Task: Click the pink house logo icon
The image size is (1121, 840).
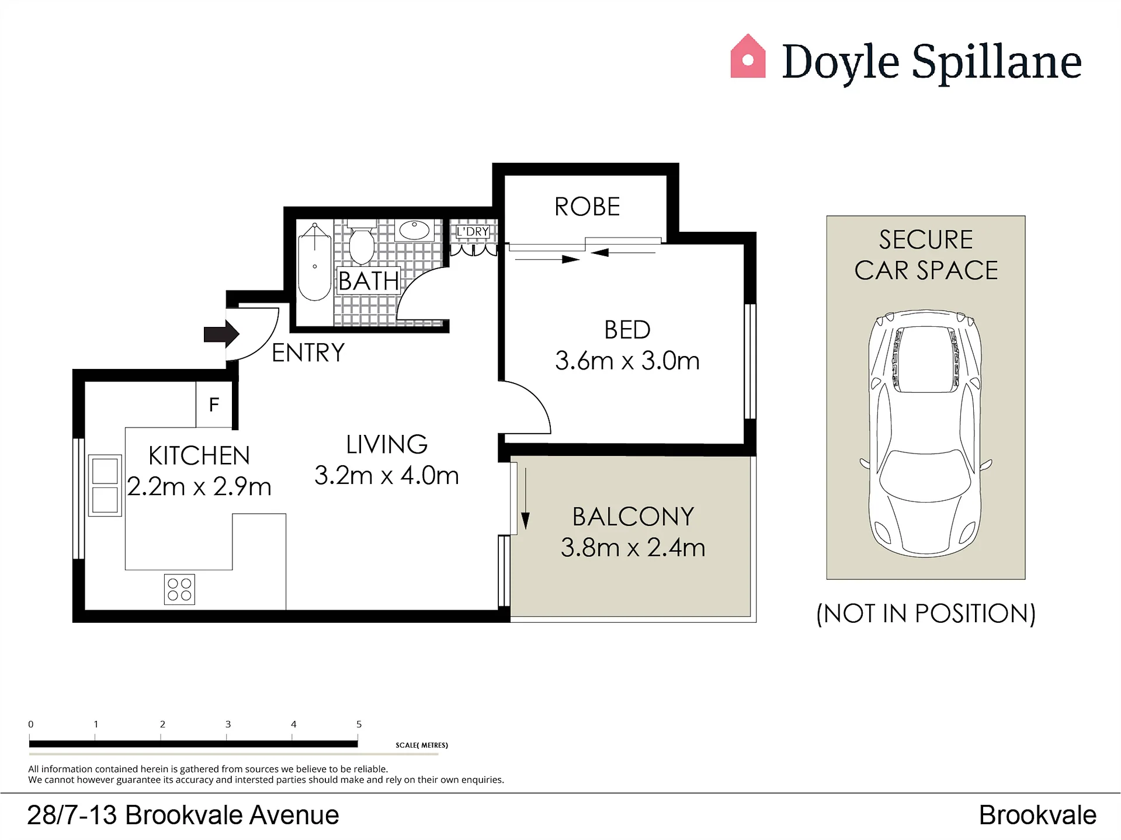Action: tap(748, 56)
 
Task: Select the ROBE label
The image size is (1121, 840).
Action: tap(587, 207)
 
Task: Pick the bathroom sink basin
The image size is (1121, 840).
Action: tap(415, 230)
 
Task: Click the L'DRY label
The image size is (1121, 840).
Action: tap(473, 232)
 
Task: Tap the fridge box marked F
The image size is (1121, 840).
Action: tap(214, 405)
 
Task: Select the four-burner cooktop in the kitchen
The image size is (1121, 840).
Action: tap(179, 590)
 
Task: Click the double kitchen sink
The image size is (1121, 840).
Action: tap(105, 486)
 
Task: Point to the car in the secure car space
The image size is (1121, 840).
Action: tap(926, 433)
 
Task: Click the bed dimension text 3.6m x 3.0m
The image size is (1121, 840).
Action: tap(627, 361)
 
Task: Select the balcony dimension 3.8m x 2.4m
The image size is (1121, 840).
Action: tap(633, 548)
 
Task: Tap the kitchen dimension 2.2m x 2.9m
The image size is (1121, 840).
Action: tap(199, 487)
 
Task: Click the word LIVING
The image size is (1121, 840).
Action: tap(387, 444)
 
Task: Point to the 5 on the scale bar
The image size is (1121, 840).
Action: tap(359, 724)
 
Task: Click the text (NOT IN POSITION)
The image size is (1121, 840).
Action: tap(926, 614)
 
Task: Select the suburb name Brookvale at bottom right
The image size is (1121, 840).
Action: tap(1037, 815)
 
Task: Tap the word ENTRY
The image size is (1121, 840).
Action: tap(308, 353)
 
